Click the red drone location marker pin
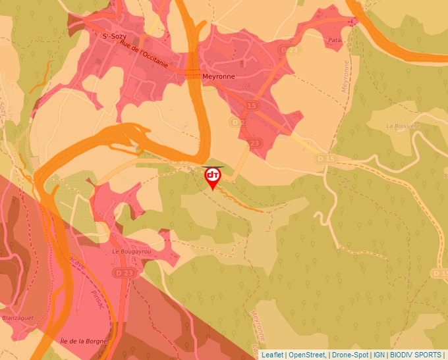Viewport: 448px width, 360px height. click(x=213, y=176)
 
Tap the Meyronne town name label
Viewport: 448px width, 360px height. click(x=218, y=76)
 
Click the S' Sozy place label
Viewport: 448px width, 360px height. click(x=114, y=37)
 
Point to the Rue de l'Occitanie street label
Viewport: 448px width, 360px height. click(x=146, y=59)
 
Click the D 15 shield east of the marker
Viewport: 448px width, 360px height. click(x=325, y=159)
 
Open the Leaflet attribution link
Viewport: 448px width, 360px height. click(x=272, y=355)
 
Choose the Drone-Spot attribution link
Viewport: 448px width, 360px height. click(x=350, y=355)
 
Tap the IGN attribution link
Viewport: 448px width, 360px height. click(x=379, y=355)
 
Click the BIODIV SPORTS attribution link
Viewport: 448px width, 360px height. click(x=416, y=355)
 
